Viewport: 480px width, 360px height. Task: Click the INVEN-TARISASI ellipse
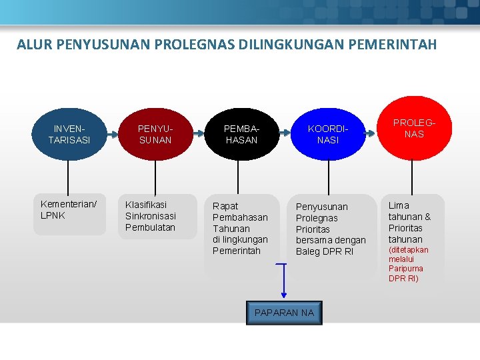(69, 134)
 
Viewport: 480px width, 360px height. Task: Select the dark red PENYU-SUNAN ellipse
(155, 134)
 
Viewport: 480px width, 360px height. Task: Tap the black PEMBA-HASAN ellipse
(241, 134)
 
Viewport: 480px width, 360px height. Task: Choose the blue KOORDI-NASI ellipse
(327, 134)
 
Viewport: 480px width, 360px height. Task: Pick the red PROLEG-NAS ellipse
(413, 129)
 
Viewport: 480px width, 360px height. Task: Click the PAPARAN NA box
(284, 313)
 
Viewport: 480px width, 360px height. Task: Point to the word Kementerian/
(69, 204)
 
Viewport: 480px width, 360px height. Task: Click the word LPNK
(53, 215)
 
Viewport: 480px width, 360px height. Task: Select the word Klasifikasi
(146, 205)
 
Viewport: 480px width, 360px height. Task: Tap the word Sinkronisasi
(151, 216)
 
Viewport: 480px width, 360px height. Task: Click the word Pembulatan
(150, 227)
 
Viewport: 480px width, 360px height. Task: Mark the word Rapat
(225, 206)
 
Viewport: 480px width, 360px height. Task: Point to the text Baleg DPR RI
(325, 251)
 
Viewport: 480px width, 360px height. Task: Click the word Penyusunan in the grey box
(322, 207)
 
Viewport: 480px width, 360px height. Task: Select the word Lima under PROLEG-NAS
(399, 205)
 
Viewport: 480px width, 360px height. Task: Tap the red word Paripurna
(406, 269)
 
